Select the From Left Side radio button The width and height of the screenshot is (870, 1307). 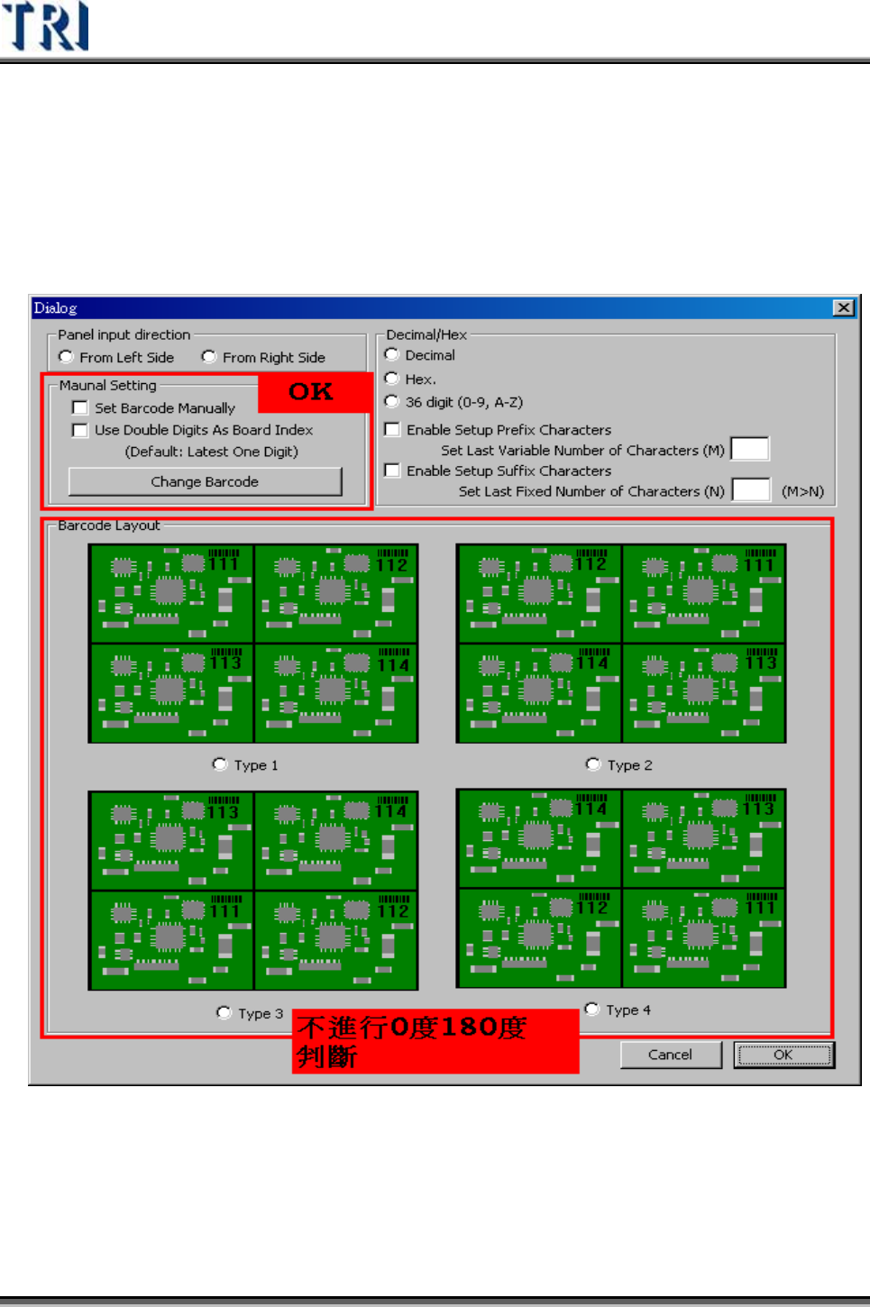pos(66,357)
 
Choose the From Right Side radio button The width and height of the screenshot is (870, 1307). pos(209,357)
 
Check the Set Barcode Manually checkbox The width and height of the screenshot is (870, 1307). pos(80,408)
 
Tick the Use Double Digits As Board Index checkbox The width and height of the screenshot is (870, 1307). pos(80,430)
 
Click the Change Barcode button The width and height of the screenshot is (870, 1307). pos(205,481)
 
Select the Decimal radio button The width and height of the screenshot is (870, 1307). pos(392,355)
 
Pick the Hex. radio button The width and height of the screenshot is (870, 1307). pos(392,379)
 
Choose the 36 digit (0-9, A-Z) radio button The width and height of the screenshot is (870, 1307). pos(392,402)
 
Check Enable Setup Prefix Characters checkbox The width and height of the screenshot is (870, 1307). pos(392,430)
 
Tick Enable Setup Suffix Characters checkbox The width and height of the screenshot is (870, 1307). pos(392,471)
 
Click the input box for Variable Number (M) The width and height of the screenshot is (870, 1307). pos(749,449)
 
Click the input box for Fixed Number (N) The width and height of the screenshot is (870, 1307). pos(751,490)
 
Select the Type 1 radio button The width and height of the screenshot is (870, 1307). pos(220,764)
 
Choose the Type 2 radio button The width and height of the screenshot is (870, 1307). pos(593,764)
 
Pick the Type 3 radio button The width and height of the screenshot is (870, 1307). pos(224,1013)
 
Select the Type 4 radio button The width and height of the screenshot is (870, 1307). pos(592,1010)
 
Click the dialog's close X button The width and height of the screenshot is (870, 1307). pos(843,308)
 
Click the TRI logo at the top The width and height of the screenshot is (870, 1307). pos(46,26)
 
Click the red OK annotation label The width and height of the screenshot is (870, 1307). pos(312,392)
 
